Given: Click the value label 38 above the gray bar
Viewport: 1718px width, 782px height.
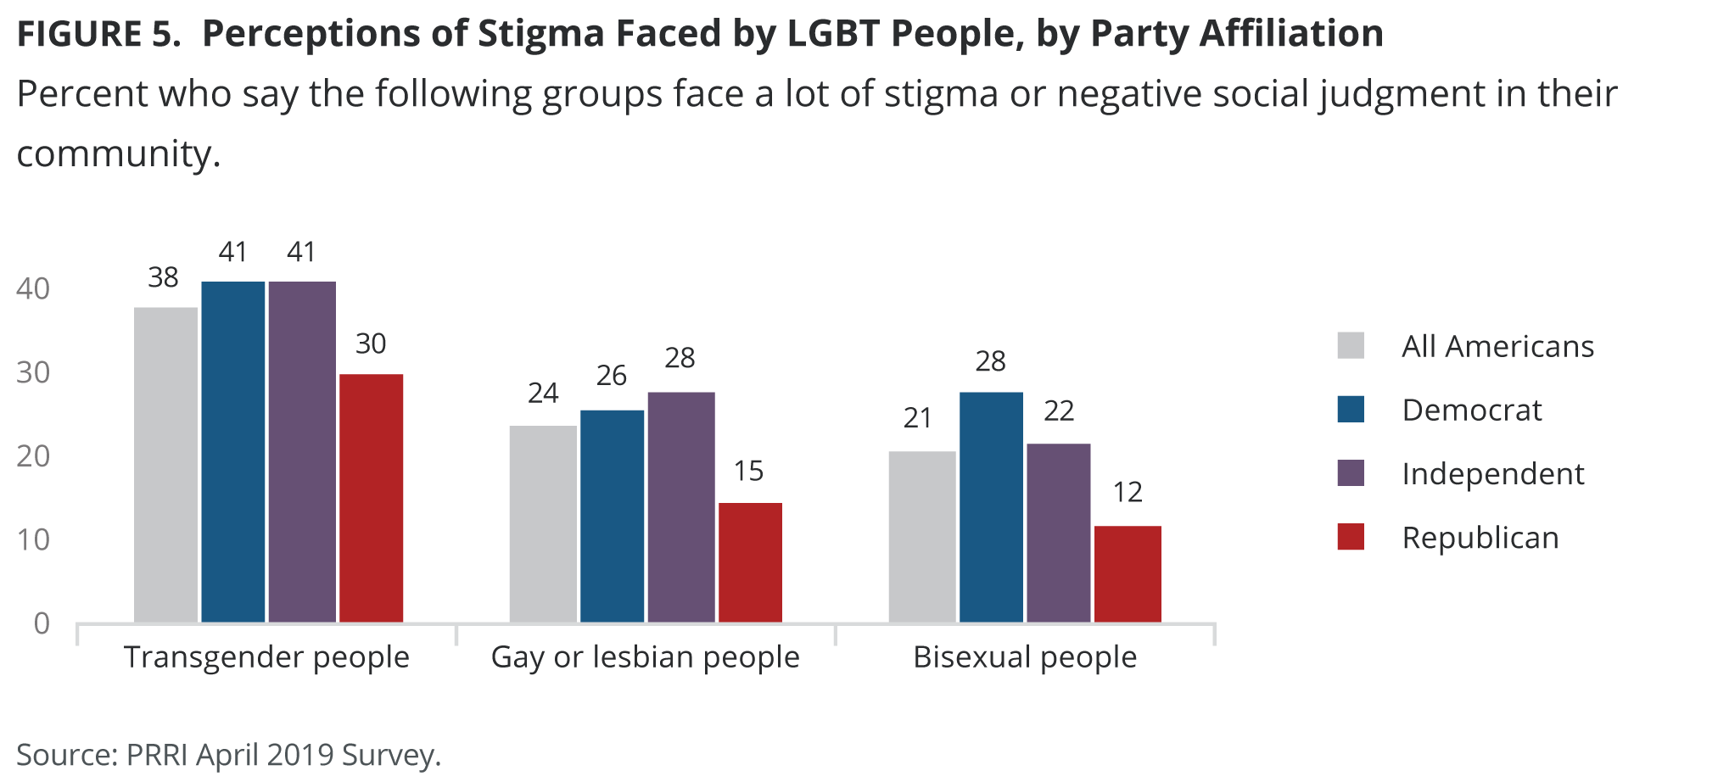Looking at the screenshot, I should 163,277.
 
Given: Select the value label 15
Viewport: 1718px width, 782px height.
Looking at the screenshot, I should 748,471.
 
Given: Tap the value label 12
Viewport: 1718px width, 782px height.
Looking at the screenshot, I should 1127,492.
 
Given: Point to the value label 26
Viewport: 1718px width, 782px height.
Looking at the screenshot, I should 611,376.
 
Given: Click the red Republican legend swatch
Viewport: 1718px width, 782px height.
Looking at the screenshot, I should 1350,537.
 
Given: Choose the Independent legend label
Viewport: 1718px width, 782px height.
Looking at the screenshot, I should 1492,473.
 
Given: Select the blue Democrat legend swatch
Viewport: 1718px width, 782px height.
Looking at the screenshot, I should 1350,410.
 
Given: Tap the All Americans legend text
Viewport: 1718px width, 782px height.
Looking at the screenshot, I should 1497,346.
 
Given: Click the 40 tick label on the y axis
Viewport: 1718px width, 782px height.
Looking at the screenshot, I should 33,288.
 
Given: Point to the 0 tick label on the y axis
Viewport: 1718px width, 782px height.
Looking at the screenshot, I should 42,623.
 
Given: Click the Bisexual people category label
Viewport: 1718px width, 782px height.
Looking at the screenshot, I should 1024,657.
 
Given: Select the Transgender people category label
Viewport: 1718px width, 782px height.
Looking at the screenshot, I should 266,657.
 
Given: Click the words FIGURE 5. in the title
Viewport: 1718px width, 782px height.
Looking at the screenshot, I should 98,34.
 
